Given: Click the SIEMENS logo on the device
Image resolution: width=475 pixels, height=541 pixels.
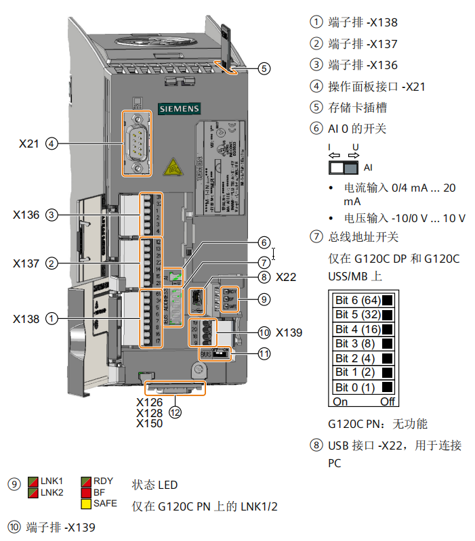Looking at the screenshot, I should pos(179,108).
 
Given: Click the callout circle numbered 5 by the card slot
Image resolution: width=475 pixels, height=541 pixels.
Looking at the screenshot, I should pos(264,68).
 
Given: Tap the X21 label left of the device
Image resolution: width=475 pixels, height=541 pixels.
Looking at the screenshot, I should pos(29,144).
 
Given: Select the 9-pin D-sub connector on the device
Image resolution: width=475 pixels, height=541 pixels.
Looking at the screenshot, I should pos(138,144).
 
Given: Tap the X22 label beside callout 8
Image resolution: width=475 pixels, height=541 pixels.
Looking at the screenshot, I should pos(286,277).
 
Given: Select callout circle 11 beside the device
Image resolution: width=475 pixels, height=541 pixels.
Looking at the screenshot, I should pos(264,353).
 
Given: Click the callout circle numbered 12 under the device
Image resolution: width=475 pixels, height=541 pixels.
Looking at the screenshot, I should pos(175,411).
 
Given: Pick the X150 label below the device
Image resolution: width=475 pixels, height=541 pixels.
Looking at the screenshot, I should pos(150,423).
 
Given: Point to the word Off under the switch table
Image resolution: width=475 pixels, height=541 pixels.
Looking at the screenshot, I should pos(388,402).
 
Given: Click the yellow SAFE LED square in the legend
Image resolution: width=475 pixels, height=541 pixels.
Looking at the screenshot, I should pos(86,504).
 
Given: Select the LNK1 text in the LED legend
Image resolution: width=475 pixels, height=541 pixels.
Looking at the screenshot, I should pos(51,481).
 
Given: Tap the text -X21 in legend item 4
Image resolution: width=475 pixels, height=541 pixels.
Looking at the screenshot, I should pos(414,86).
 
